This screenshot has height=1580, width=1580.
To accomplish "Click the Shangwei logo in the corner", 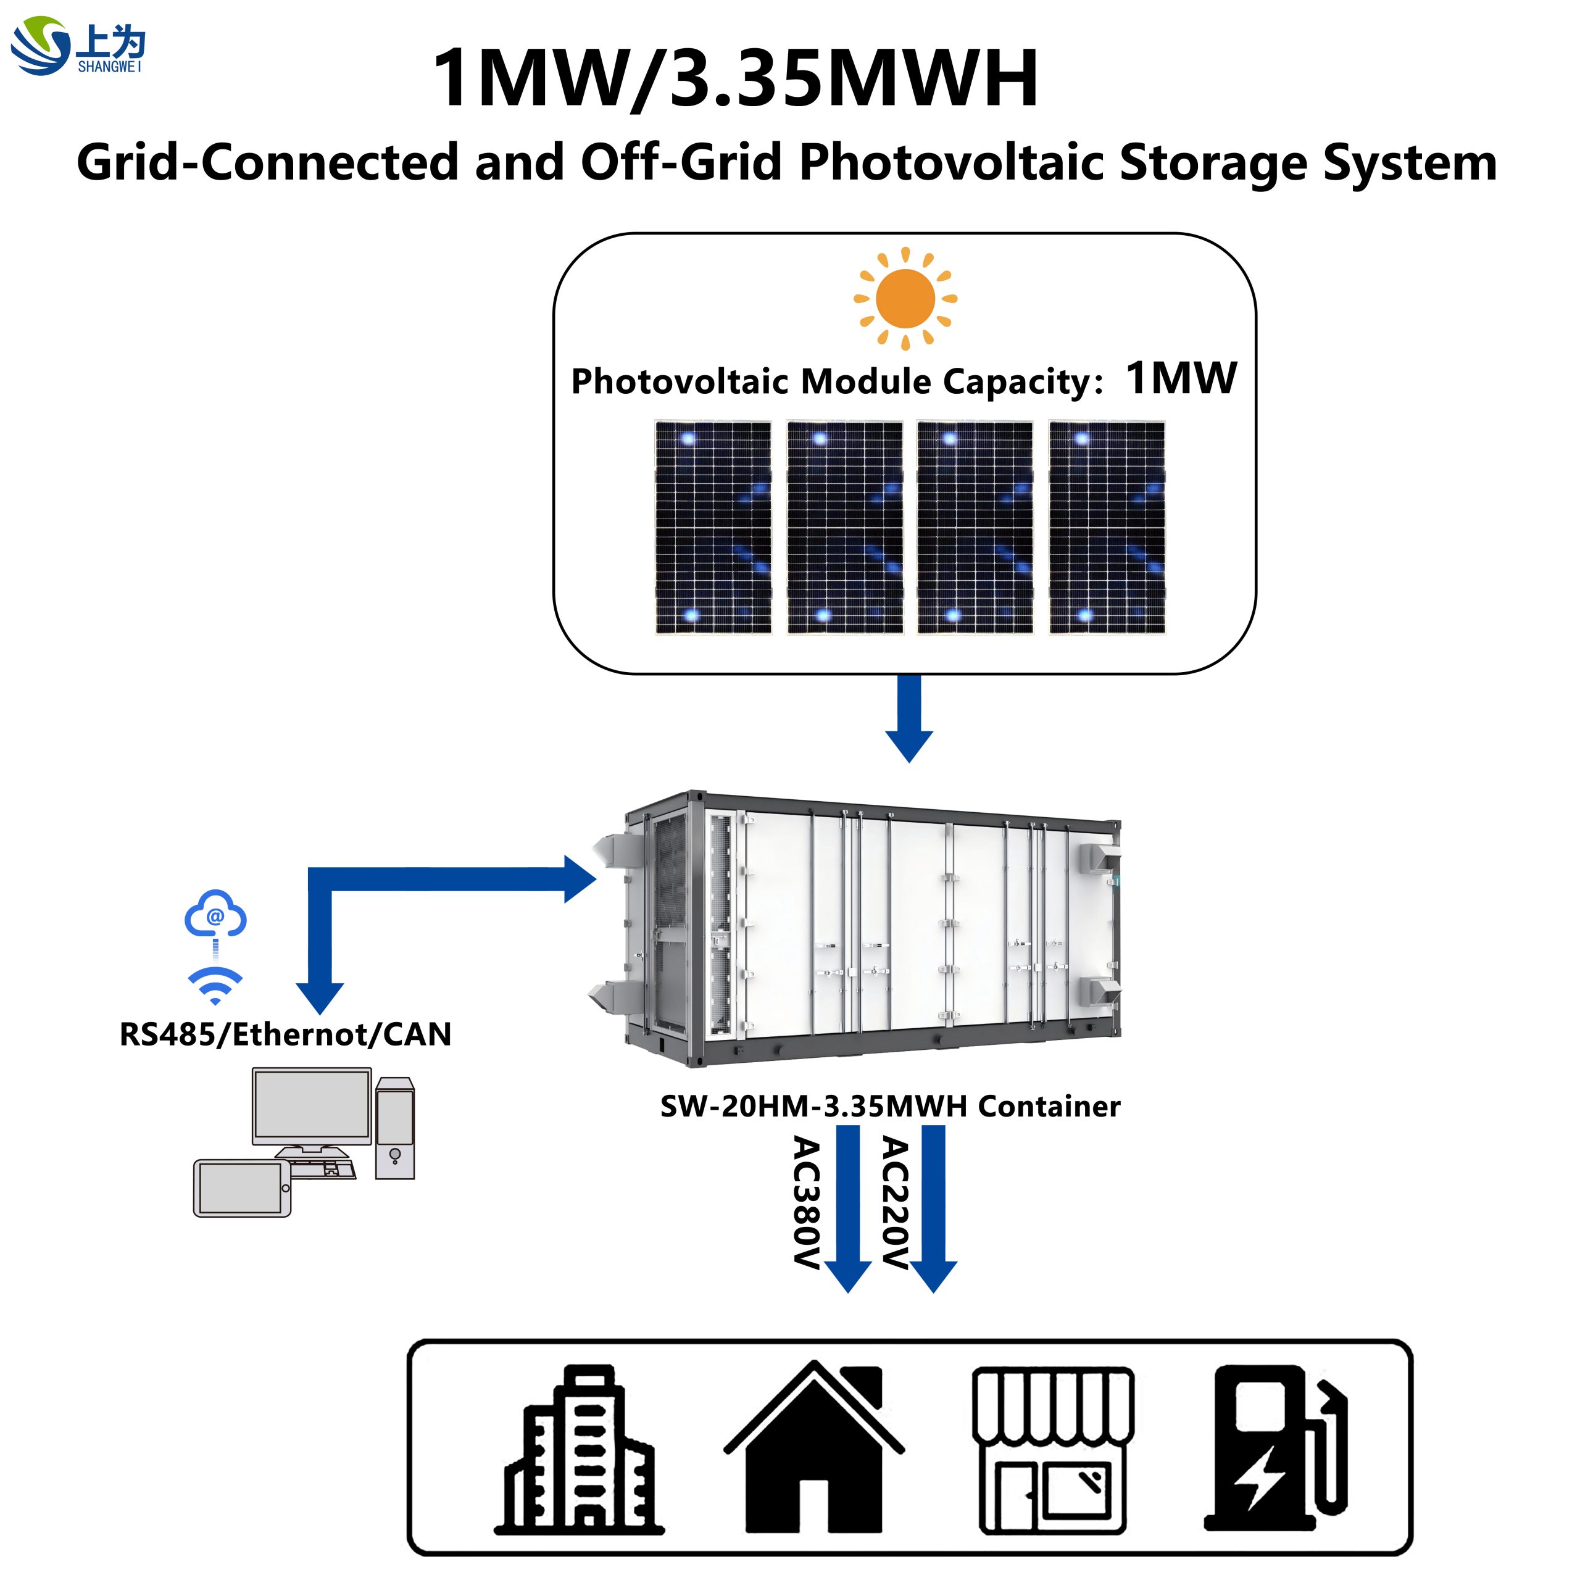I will tap(78, 47).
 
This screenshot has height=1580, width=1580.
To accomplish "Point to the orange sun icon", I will tap(905, 299).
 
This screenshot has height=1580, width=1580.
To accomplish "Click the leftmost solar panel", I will tap(712, 528).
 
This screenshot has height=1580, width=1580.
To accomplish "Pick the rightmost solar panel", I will tap(1107, 528).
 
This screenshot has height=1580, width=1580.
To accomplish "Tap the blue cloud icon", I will tap(215, 914).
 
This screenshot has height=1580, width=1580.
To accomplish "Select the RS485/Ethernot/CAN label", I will tap(285, 1034).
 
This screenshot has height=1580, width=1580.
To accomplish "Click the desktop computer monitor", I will tap(312, 1108).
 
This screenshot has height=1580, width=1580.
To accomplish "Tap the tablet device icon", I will tap(242, 1188).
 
